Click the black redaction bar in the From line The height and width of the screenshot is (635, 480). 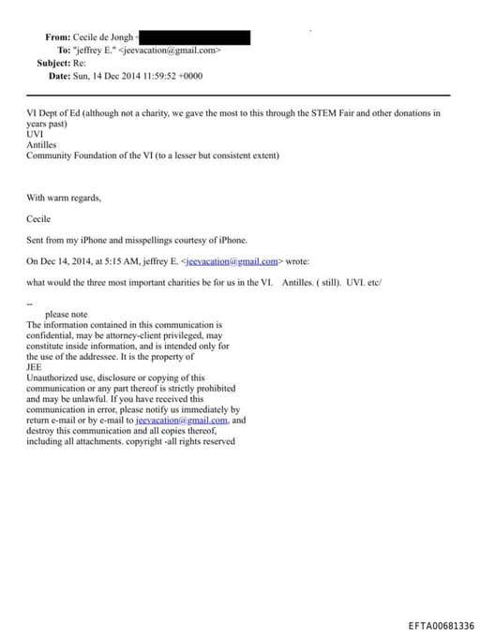pyautogui.click(x=193, y=37)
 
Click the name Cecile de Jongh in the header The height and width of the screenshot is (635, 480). pyautogui.click(x=103, y=37)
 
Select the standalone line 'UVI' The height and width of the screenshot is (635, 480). pyautogui.click(x=35, y=135)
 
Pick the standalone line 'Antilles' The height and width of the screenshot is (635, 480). pyautogui.click(x=42, y=145)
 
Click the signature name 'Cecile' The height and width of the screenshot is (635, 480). pyautogui.click(x=38, y=218)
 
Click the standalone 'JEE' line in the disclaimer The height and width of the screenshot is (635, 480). pyautogui.click(x=35, y=367)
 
